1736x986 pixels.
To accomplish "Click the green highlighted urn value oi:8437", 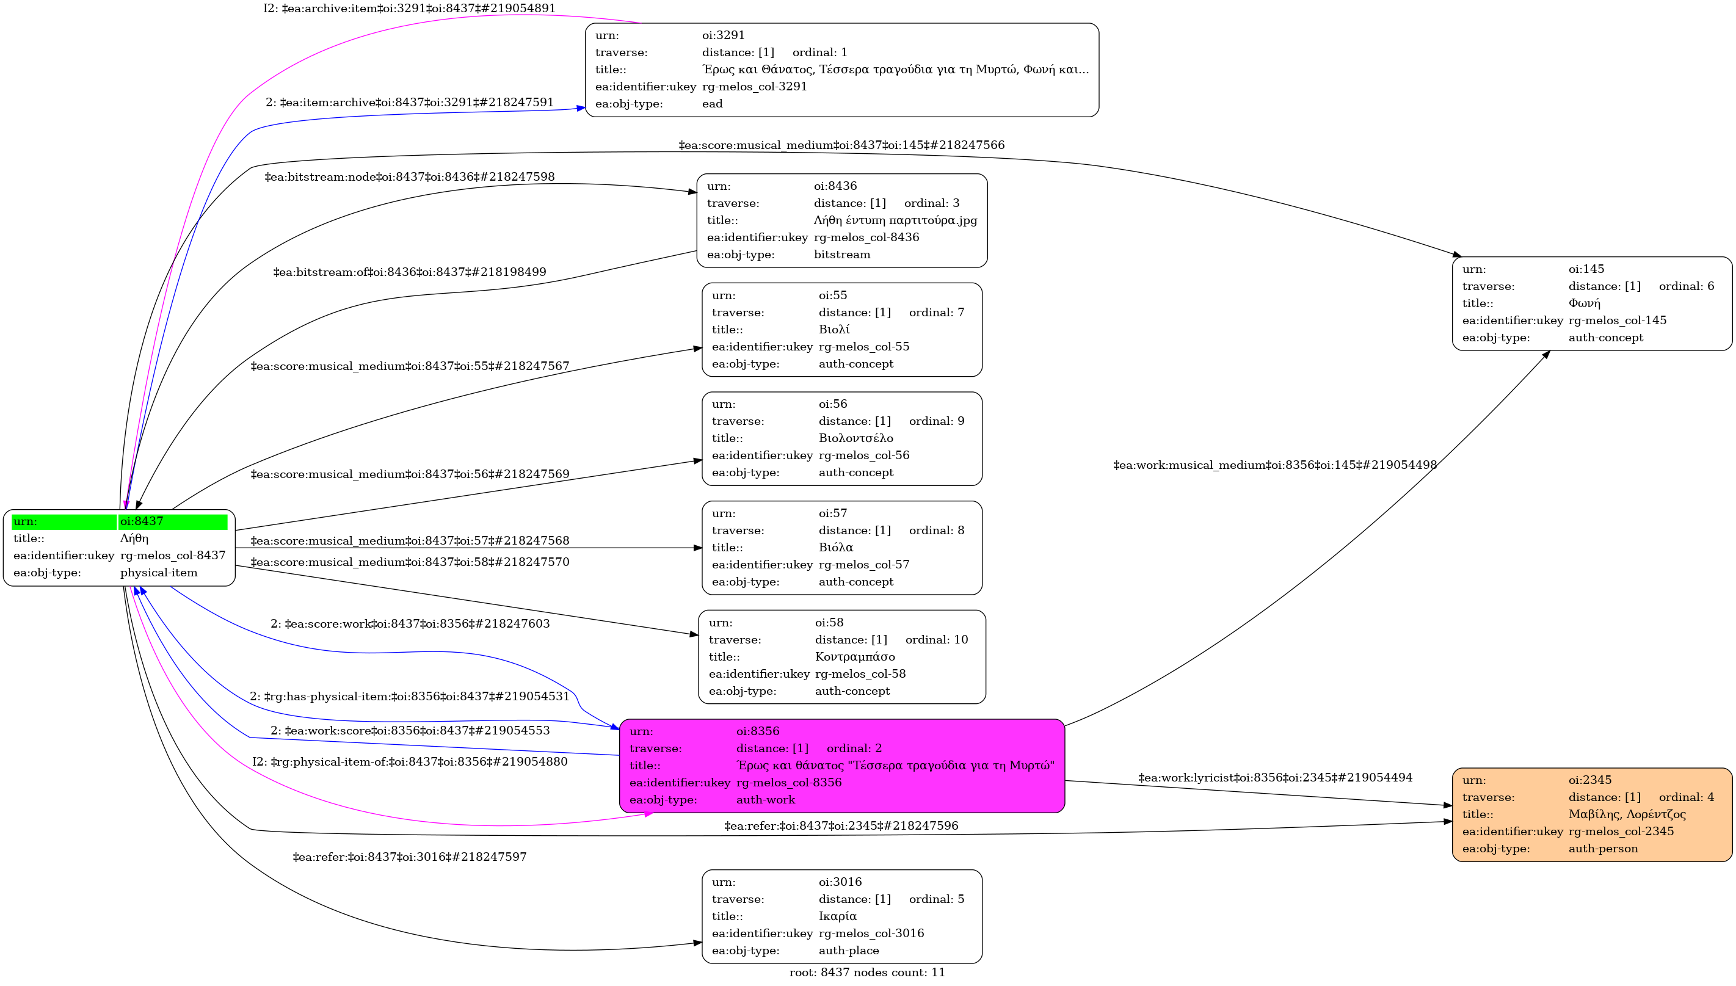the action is (x=142, y=521).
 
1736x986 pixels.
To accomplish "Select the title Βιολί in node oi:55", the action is (x=833, y=330).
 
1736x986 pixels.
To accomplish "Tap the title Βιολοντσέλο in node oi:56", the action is (x=855, y=438).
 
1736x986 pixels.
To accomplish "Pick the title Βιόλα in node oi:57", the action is (x=836, y=547).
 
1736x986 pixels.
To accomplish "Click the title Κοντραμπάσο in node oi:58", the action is (x=855, y=657).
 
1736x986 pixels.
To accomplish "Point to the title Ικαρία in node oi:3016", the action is (x=837, y=916).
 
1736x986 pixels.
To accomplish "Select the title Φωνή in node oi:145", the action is (x=1585, y=303).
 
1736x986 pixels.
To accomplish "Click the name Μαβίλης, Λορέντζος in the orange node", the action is (x=1627, y=814).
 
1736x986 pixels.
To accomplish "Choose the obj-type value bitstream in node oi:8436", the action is (x=842, y=255).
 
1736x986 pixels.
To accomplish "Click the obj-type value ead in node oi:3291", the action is (x=712, y=104).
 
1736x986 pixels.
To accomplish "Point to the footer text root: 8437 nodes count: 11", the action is (x=867, y=973).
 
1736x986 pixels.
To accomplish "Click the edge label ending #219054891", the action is (x=409, y=8).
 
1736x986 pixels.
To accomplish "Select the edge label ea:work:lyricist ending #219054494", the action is (x=1276, y=777).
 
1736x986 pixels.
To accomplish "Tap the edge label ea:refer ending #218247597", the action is (x=409, y=857).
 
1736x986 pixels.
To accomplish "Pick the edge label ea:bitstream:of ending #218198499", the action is (x=409, y=272).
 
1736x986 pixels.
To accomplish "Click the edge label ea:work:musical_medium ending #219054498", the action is (x=1276, y=465).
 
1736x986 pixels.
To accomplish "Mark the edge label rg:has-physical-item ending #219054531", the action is (x=409, y=696).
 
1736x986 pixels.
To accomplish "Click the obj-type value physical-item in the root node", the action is (x=159, y=573).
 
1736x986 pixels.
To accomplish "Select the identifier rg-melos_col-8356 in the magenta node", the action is (x=789, y=783).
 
